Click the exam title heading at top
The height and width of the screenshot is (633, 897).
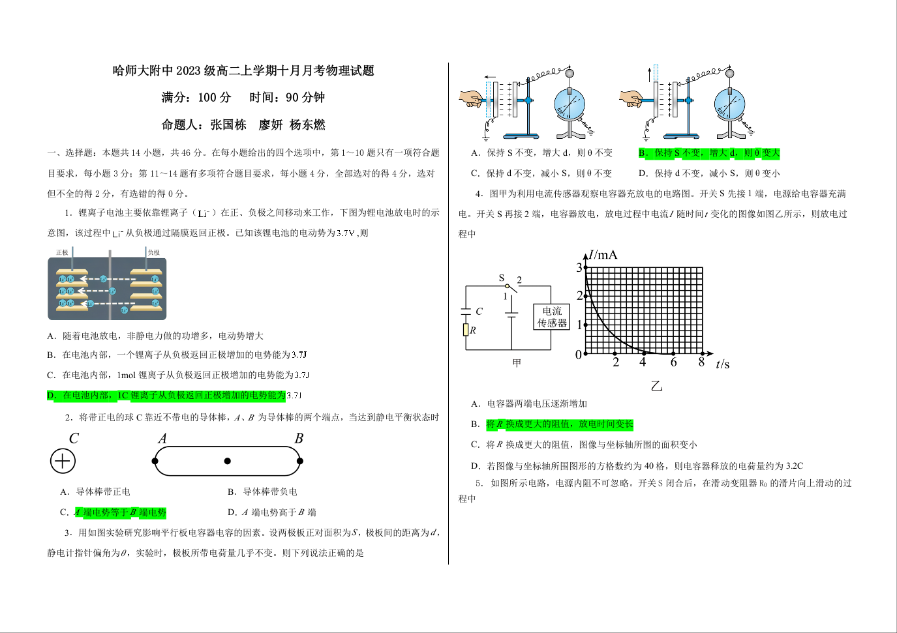(x=243, y=70)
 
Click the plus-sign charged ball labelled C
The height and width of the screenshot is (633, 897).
(x=63, y=462)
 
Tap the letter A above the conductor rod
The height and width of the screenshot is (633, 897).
(x=162, y=439)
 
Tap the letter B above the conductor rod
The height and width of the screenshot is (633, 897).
(x=299, y=439)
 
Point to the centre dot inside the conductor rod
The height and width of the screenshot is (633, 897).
(x=227, y=461)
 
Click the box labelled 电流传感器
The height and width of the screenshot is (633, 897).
(x=551, y=317)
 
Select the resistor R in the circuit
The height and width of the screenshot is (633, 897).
(x=466, y=330)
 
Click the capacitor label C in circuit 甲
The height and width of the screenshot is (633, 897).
(x=479, y=312)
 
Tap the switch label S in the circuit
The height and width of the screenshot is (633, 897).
(x=502, y=278)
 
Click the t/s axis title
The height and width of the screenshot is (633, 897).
(x=722, y=364)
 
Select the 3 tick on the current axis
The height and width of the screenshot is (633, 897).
(x=579, y=267)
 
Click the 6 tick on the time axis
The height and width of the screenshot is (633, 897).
(x=673, y=362)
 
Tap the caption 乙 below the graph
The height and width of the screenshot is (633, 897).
(x=656, y=386)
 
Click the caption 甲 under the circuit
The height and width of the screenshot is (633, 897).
(x=517, y=363)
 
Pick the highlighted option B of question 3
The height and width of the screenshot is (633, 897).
(x=709, y=153)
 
